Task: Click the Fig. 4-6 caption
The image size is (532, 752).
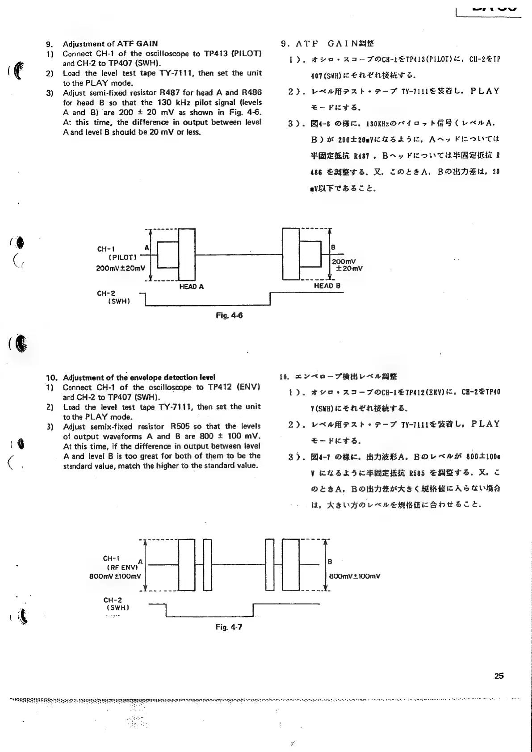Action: [x=229, y=315]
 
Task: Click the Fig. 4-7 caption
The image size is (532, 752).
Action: [x=229, y=627]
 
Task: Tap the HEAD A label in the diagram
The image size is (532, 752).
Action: [x=191, y=286]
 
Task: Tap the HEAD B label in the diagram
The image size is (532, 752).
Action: [x=327, y=286]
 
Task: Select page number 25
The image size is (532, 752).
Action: [x=499, y=676]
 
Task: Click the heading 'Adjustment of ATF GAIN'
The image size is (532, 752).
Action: [x=110, y=44]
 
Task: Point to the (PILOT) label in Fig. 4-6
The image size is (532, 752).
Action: [x=122, y=257]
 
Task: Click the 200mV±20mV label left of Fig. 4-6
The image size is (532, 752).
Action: [x=121, y=268]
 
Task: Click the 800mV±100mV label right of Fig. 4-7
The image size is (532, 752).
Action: [x=355, y=576]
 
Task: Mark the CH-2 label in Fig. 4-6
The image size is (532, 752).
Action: [x=106, y=294]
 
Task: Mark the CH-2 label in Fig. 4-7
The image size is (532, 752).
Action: [x=113, y=600]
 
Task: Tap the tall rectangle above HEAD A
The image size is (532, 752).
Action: [x=187, y=254]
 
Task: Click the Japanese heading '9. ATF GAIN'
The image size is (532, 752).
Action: [x=327, y=44]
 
